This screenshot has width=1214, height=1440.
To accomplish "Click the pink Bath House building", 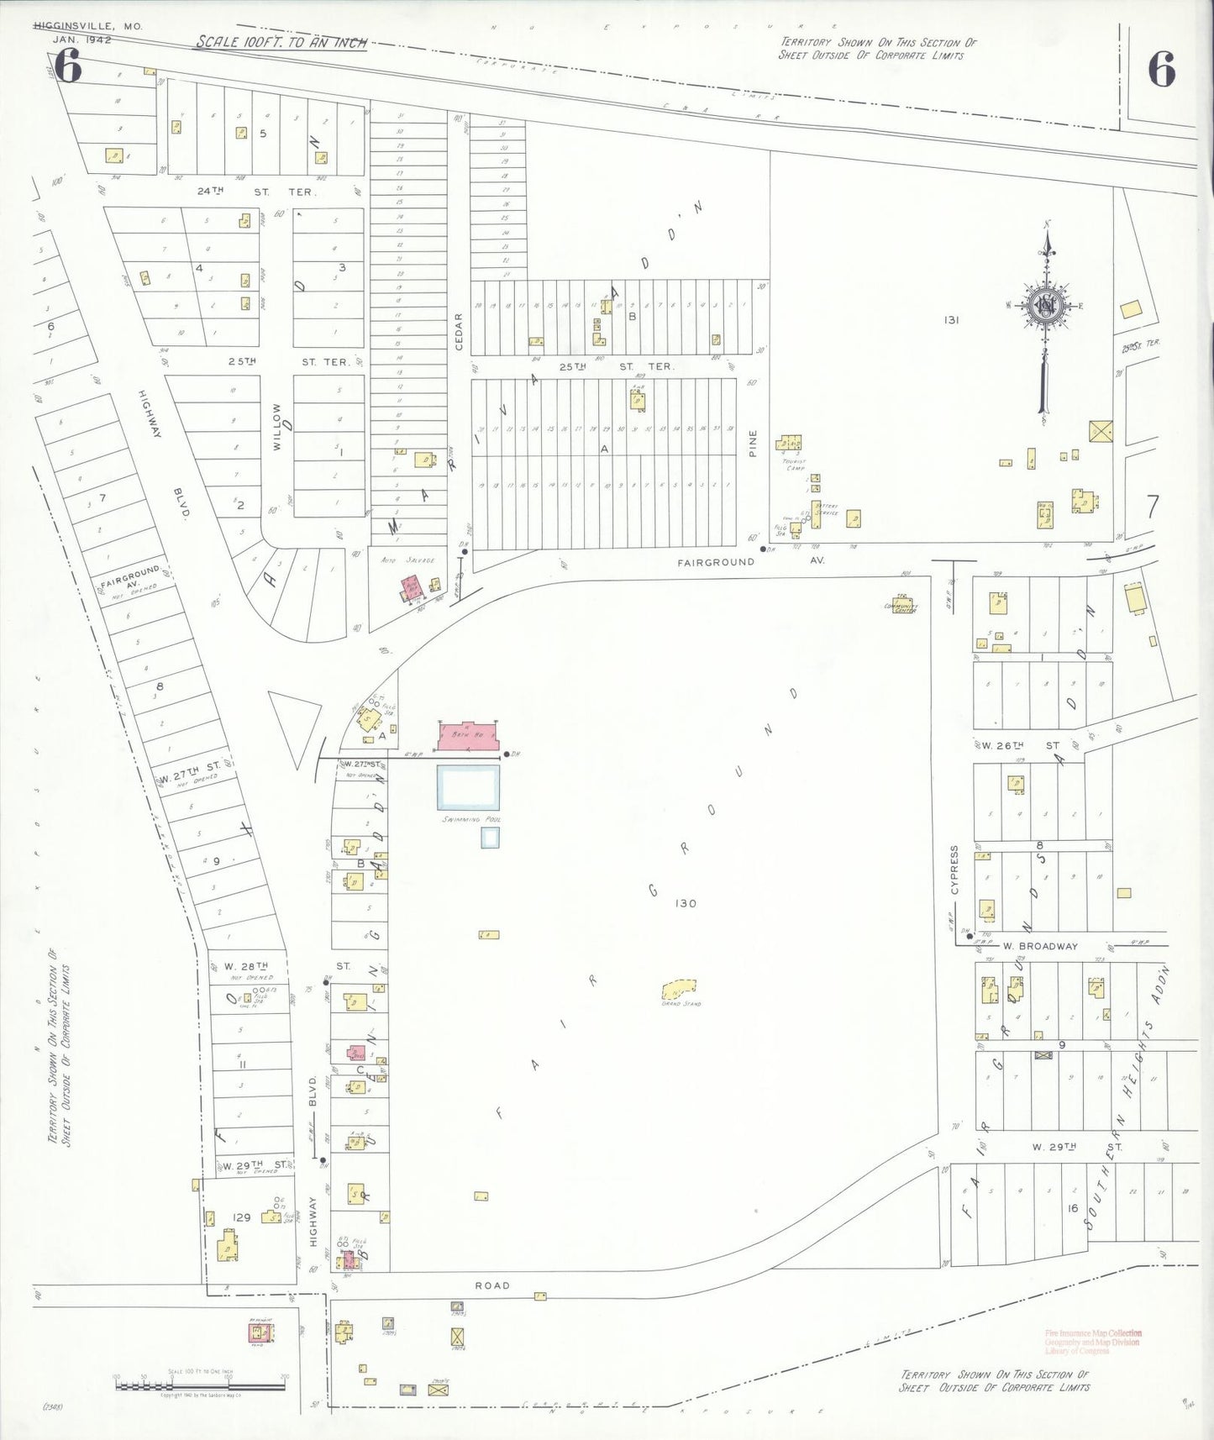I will pos(468,736).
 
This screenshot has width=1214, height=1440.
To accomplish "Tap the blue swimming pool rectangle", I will pos(468,787).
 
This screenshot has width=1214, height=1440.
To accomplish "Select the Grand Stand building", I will pos(680,989).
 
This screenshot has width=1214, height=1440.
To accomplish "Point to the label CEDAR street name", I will pos(459,333).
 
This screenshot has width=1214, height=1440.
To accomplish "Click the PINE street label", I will pos(753,443).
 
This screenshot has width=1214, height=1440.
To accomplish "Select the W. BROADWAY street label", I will pos(1040,946).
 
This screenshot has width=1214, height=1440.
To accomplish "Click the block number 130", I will pos(686,903).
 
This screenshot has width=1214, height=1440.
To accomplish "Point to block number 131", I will pos(951,319).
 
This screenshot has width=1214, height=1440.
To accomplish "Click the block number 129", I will pos(241,1217).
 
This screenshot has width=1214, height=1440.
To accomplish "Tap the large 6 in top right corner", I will pos(1161,69).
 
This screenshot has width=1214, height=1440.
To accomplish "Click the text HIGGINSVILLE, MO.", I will pos(88,26).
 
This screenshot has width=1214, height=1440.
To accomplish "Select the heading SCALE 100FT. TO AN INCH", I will pos(281,42).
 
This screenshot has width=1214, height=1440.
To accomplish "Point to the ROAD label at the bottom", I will pos(492,1285).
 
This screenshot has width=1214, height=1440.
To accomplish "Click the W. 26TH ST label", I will pos(1021,745).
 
